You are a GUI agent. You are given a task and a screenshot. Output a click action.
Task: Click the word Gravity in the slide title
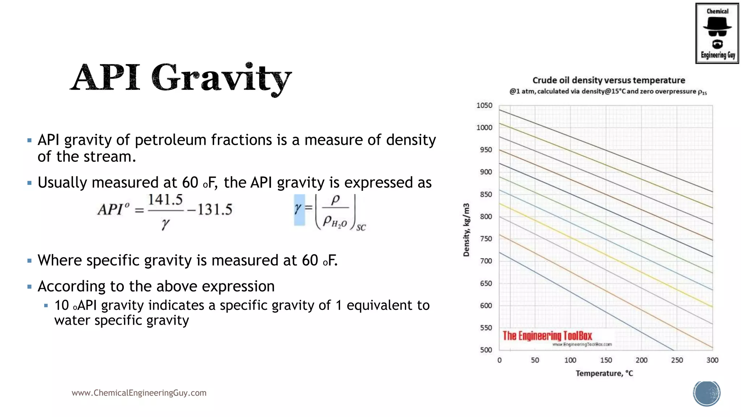coord(221,78)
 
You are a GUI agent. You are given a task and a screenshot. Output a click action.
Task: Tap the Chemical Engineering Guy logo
coord(717,33)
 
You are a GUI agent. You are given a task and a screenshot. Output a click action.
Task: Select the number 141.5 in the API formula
coord(165,200)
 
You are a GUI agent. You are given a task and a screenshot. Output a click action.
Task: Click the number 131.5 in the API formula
coord(215,210)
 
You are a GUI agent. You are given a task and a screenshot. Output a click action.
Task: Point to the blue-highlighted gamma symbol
coord(299,210)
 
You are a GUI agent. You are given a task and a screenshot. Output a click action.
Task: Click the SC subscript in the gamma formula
coord(361,228)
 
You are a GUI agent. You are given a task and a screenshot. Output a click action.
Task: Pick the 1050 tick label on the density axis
coord(484,105)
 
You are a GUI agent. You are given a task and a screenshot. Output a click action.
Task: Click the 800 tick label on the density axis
coord(486,216)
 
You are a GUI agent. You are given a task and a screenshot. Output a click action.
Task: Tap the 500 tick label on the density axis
coord(486,350)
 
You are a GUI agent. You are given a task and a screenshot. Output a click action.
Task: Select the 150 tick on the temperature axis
coord(606,360)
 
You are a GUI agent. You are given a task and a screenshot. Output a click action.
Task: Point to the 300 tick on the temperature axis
coord(712,360)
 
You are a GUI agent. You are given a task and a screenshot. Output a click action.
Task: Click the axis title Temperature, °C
coord(604,373)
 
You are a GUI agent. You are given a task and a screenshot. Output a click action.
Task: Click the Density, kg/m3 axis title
coord(466,230)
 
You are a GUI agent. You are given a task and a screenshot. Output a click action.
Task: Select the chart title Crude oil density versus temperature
coord(609,80)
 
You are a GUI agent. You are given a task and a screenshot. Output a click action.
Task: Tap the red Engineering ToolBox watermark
coord(547,336)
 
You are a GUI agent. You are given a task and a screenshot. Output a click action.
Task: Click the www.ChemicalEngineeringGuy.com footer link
coord(139,393)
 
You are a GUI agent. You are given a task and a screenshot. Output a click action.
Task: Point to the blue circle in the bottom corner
coord(707,393)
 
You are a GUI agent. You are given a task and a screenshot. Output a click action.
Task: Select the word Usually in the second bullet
coord(62,183)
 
